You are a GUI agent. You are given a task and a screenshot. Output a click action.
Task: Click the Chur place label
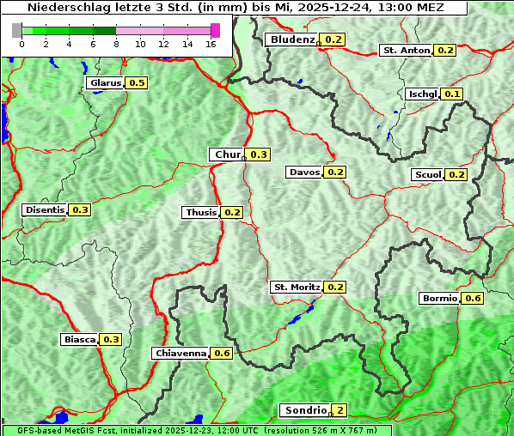click(227, 154)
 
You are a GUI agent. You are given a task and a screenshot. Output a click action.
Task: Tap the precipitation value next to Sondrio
click(340, 410)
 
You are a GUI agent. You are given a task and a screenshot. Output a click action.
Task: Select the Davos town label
click(304, 173)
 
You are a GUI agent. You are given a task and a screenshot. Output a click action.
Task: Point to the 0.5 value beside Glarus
click(137, 82)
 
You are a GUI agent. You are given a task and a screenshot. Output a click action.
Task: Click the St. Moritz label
click(296, 287)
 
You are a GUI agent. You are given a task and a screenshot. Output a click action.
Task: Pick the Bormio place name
click(438, 299)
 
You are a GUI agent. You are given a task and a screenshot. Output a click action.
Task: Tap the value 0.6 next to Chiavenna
click(222, 353)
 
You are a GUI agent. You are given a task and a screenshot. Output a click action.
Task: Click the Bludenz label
click(291, 39)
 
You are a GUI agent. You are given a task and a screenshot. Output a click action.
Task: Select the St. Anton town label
click(406, 51)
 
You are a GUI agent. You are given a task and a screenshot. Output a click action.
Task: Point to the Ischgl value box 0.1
click(453, 94)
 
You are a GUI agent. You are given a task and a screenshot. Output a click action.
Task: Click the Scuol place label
click(427, 175)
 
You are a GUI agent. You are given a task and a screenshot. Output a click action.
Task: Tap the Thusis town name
click(200, 212)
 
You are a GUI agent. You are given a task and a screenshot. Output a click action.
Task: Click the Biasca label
click(79, 340)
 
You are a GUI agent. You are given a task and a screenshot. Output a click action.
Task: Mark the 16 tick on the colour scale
click(211, 44)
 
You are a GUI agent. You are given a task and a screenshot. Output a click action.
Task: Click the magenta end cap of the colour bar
click(215, 30)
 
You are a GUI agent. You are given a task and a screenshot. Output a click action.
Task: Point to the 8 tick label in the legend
click(115, 44)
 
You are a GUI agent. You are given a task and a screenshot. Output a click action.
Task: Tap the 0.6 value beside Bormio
click(473, 299)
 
